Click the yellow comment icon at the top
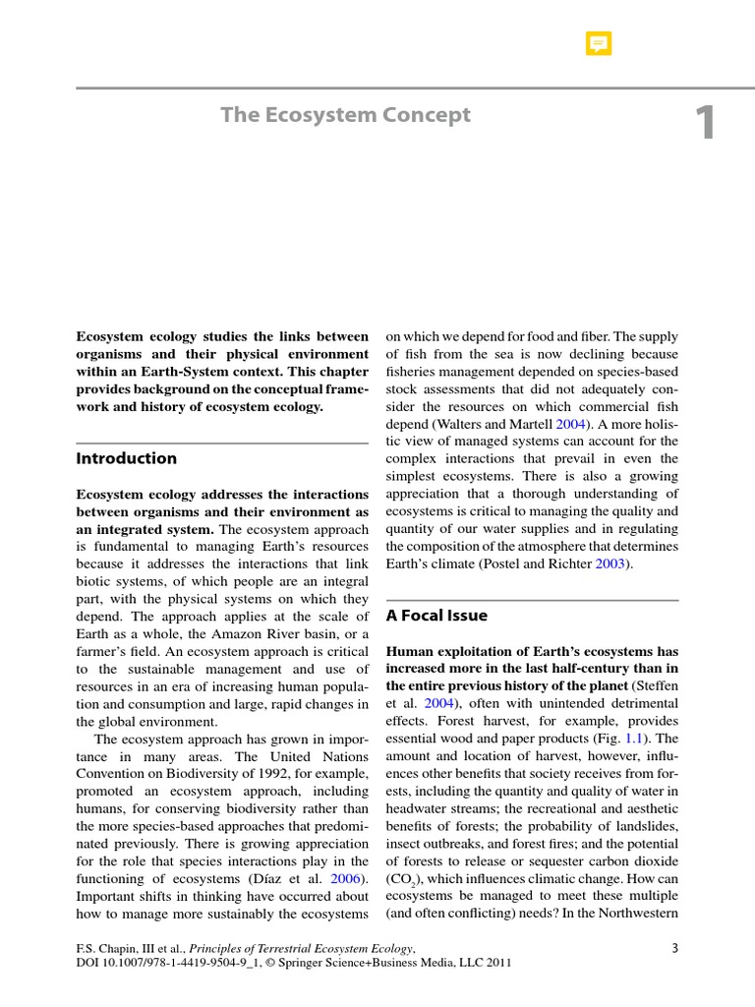pyautogui.click(x=598, y=44)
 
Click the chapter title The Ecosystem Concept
pyautogui.click(x=345, y=115)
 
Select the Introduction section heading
pyautogui.click(x=127, y=458)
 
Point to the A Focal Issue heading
pyautogui.click(x=436, y=616)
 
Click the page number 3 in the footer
pyautogui.click(x=674, y=948)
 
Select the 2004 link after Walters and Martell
pyautogui.click(x=571, y=423)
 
